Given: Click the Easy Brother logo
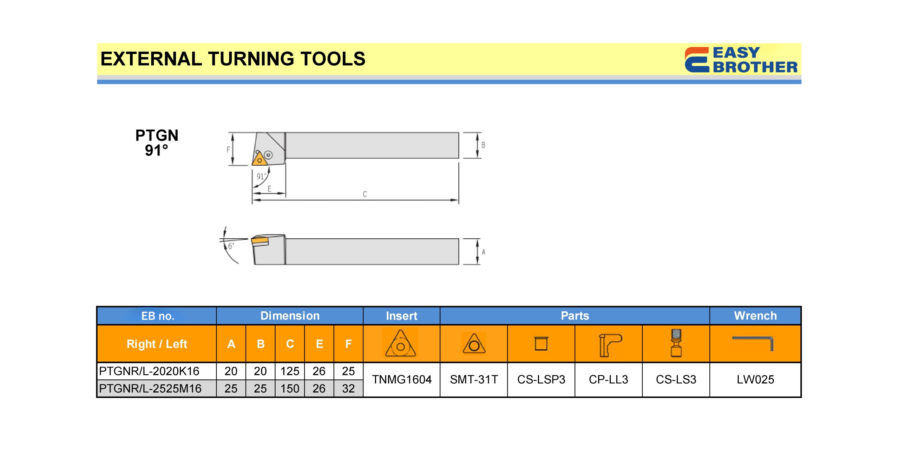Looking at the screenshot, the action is (741, 60).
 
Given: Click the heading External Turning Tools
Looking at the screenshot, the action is (233, 59).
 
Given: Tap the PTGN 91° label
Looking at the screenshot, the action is (157, 143).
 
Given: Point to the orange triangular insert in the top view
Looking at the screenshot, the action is (259, 159).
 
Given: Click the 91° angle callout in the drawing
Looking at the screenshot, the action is (261, 176).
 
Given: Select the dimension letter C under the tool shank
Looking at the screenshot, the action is (365, 194).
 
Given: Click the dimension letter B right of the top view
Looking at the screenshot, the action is (483, 145).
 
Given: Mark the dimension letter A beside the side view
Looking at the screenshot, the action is (484, 252).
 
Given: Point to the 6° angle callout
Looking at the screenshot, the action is (231, 246).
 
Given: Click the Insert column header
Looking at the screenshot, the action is (401, 316).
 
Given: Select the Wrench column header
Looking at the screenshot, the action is (755, 316).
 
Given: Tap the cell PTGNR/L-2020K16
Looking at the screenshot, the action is (149, 371).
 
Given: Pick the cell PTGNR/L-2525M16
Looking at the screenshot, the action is (150, 389).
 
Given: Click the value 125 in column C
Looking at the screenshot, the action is (290, 371).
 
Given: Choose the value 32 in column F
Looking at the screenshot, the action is (348, 389).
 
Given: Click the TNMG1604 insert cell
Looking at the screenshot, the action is (402, 379).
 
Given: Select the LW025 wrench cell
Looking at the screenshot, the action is (755, 379).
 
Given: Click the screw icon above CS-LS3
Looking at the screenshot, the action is (676, 343).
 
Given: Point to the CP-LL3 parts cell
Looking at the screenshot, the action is (609, 379).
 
